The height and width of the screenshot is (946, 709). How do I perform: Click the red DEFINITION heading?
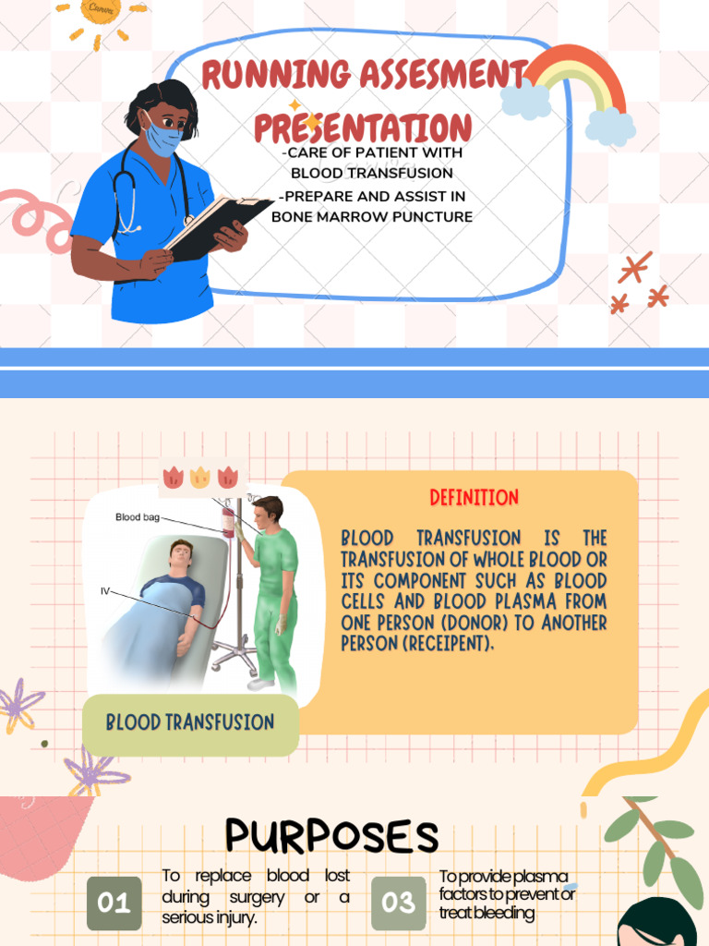pos(475,498)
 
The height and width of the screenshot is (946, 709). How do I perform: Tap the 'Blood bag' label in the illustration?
pos(137,517)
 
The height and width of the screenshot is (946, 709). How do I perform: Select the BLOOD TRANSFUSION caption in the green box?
pos(190,722)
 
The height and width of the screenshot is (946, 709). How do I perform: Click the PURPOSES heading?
pos(331,836)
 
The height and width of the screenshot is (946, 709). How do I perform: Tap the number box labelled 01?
pos(114,903)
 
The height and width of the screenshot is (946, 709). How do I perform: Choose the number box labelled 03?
pos(399,903)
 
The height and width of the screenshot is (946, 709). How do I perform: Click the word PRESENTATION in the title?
pos(363,127)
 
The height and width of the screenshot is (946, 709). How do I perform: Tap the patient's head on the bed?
pos(181,557)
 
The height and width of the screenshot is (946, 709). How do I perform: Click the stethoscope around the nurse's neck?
pos(129,194)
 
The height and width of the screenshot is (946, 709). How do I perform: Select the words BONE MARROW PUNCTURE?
pos(372,216)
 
